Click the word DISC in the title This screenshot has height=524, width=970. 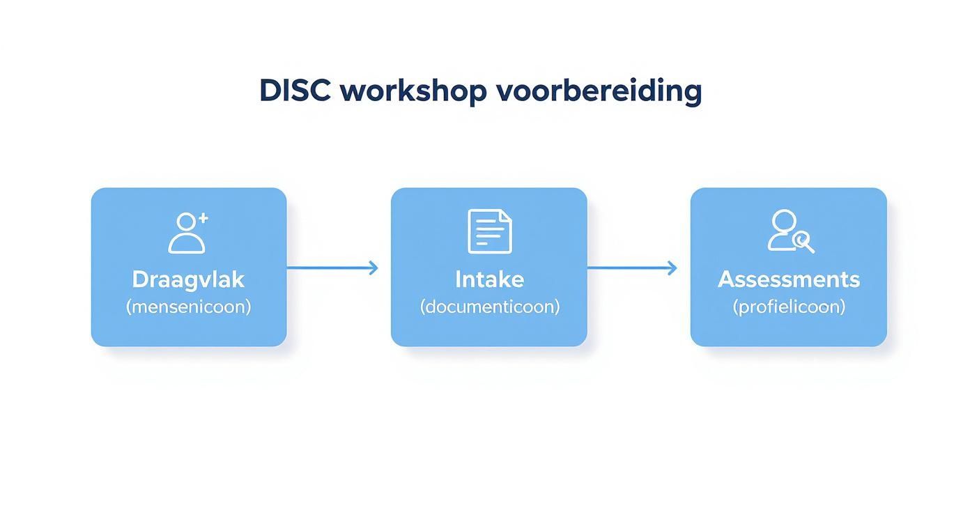click(x=295, y=91)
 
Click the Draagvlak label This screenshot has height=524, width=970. click(x=188, y=279)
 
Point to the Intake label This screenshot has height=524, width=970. click(x=489, y=279)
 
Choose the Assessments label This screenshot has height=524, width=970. click(x=789, y=279)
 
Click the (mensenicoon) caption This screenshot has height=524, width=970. click(x=188, y=307)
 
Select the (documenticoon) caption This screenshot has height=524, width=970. click(x=489, y=307)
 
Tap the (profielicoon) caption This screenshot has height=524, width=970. click(x=789, y=307)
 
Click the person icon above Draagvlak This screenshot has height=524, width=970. click(x=187, y=233)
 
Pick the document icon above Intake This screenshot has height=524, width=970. click(x=489, y=231)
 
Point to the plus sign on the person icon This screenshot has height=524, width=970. click(x=203, y=218)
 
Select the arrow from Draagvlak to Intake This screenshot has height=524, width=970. click(x=332, y=268)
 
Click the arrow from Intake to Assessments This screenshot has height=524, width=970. click(x=631, y=268)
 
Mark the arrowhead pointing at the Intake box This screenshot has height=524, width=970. click(x=374, y=268)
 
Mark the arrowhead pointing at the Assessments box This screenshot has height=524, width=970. click(x=672, y=268)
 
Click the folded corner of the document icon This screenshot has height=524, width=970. click(x=505, y=215)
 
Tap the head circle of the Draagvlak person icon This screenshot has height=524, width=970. click(x=186, y=222)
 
